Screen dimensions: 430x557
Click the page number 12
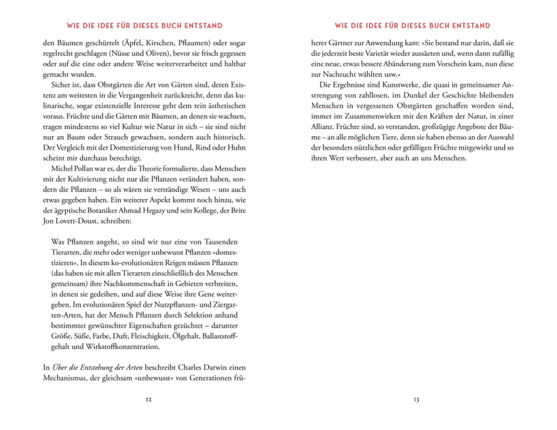coord(149,400)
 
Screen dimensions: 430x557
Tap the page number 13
coord(416,400)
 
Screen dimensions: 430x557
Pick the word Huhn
coord(236,147)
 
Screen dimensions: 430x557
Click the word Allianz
coord(321,126)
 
